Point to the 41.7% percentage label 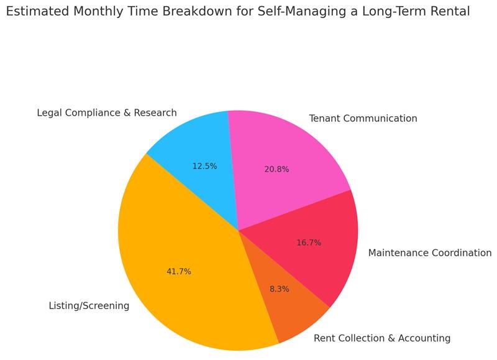pyautogui.click(x=179, y=272)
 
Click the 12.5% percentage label pyautogui.click(x=204, y=166)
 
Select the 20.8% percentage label pyautogui.click(x=276, y=169)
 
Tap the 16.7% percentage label pyautogui.click(x=309, y=243)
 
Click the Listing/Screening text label pyautogui.click(x=89, y=306)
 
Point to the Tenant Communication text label pyautogui.click(x=363, y=118)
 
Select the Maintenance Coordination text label pyautogui.click(x=430, y=253)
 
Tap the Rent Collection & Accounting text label pyautogui.click(x=382, y=338)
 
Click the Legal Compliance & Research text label pyautogui.click(x=107, y=113)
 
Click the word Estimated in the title pyautogui.click(x=38, y=12)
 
